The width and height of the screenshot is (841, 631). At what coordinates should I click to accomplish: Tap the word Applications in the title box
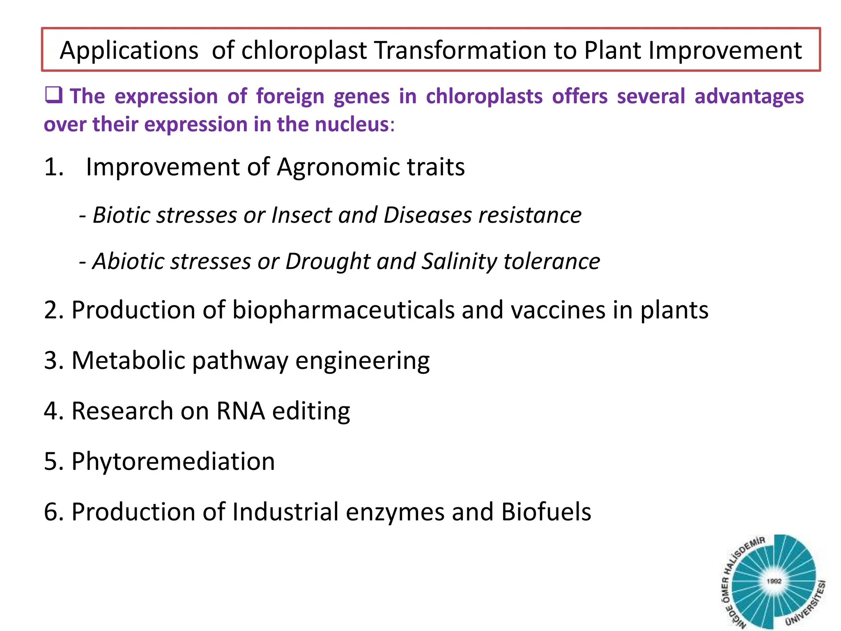point(129,51)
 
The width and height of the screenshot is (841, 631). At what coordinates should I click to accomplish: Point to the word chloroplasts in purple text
point(484,97)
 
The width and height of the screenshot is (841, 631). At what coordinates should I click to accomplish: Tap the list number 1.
point(54,167)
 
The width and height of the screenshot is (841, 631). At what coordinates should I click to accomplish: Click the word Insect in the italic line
point(301,215)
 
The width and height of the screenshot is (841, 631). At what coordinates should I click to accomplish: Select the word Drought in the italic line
point(328,261)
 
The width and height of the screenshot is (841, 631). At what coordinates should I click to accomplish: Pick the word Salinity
point(459,261)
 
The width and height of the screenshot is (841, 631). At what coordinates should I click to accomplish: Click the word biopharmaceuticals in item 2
point(343,310)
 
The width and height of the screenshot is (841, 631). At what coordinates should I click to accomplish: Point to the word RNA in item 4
point(241,411)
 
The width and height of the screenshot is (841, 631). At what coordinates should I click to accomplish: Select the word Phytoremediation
point(173,461)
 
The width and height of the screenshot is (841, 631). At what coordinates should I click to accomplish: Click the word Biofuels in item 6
point(546,512)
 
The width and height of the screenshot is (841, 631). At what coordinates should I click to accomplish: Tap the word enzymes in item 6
point(395,512)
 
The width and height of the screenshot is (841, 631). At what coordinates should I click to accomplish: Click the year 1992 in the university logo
point(774,581)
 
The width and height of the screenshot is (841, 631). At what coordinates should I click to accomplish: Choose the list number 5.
point(53,461)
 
